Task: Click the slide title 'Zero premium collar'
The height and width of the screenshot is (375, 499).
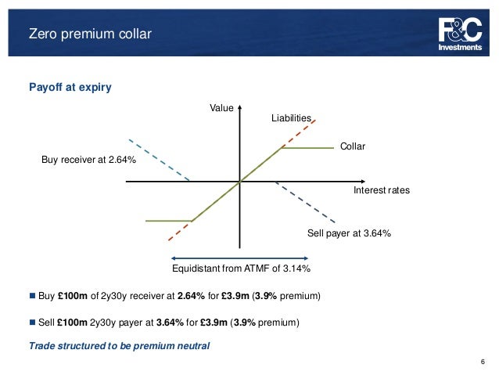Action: click(x=90, y=34)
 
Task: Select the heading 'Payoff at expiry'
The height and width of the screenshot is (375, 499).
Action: click(x=70, y=87)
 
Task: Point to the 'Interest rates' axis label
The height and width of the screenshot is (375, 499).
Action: click(x=382, y=190)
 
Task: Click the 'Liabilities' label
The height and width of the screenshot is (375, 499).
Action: click(x=291, y=118)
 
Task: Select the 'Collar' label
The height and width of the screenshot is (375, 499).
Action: click(x=353, y=146)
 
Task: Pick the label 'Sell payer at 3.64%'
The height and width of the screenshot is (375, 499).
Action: click(x=348, y=233)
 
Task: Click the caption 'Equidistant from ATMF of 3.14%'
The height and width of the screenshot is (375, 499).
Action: click(x=241, y=269)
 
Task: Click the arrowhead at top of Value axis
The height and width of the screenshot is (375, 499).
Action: click(x=239, y=106)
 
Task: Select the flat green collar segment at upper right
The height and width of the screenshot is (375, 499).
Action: click(x=307, y=147)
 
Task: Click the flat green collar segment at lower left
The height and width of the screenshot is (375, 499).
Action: click(x=168, y=221)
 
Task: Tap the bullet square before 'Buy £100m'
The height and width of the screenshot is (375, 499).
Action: click(x=32, y=297)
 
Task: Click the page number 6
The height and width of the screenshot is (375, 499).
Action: click(x=483, y=362)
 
